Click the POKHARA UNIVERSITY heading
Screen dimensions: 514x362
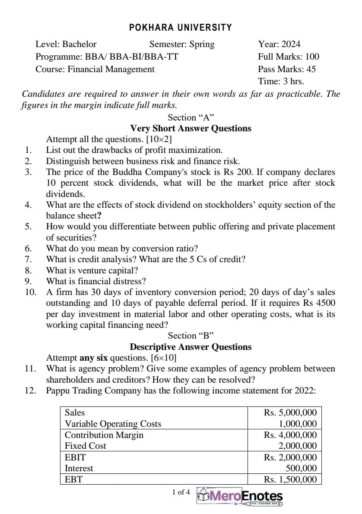point(181,28)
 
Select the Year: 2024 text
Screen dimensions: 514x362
point(279,44)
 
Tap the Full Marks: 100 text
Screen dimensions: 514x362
point(289,57)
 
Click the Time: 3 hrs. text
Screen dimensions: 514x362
point(281,81)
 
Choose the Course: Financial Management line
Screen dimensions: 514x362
point(95,69)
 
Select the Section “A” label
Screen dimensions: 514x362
point(191,117)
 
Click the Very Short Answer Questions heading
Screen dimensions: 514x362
point(191,128)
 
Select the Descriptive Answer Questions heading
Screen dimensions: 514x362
point(191,347)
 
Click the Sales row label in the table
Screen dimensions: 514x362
point(75,412)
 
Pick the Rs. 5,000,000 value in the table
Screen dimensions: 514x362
point(290,412)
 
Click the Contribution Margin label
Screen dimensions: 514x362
point(104,435)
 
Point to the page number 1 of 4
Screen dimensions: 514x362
point(181,492)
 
